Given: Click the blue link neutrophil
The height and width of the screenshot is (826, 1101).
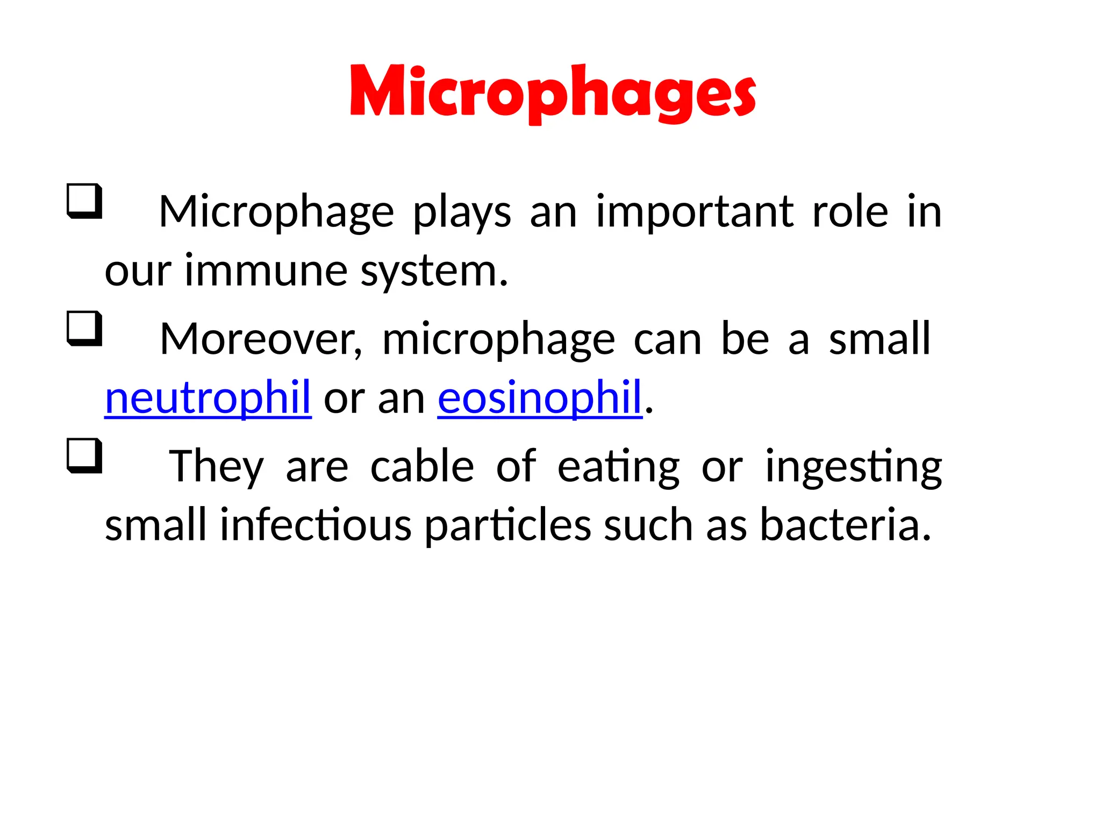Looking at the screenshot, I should tap(208, 398).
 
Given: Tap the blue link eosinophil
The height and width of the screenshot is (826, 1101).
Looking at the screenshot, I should tap(540, 398).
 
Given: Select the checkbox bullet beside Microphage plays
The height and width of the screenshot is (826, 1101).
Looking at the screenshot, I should tap(84, 201).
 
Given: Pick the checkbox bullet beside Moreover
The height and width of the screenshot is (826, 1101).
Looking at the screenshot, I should tap(84, 328).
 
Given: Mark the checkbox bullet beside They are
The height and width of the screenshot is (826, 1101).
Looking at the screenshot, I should tap(84, 455).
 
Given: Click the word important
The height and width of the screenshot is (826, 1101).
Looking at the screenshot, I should tap(695, 213).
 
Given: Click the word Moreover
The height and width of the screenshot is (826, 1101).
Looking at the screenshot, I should tap(261, 340).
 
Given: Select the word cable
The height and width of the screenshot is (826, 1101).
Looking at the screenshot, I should tap(422, 466).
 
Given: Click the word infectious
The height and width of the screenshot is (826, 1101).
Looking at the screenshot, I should tap(316, 525).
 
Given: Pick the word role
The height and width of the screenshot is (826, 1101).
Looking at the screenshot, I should tap(850, 212).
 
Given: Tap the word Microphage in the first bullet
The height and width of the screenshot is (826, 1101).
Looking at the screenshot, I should tap(276, 213).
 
